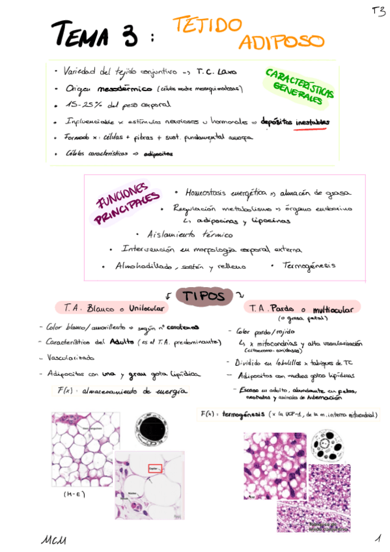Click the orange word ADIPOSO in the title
click(281, 42)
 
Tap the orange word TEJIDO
click(207, 25)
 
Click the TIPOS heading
click(203, 296)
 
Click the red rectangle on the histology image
click(154, 467)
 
